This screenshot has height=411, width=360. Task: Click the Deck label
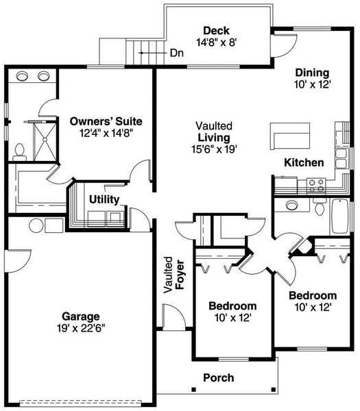pos(216,31)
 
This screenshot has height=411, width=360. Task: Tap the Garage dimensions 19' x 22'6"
pos(81,328)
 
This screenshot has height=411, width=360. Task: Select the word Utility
pos(104,199)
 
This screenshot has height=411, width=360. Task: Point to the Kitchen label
pos(304,162)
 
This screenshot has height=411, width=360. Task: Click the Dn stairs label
pos(177,53)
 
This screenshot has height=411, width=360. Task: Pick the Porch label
pos(219,377)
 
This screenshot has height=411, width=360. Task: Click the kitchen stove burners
pos(316,186)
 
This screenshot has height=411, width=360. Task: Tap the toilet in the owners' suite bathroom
pos(19,152)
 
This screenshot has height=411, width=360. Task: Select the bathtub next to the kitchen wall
pos(340,216)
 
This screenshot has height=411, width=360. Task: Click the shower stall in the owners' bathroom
pos(45,141)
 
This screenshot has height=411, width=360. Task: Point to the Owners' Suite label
pos(106,122)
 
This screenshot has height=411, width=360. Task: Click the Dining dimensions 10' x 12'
pos(312,84)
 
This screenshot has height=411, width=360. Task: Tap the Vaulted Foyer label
pos(174,275)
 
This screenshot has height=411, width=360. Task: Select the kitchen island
pos(290,136)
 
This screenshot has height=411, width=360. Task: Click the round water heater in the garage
pos(36,225)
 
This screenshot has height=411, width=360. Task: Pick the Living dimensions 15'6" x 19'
pos(215,149)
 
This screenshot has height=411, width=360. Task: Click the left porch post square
pos(194,389)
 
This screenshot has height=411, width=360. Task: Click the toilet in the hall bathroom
pos(320,206)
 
